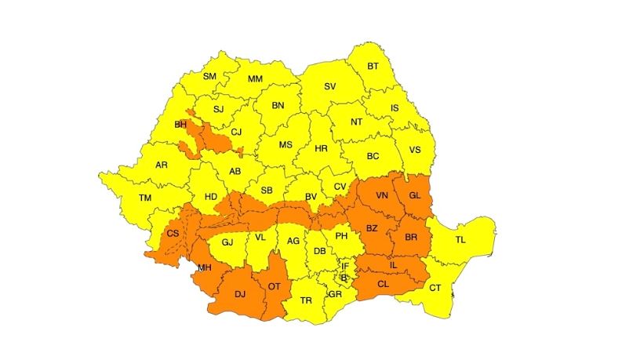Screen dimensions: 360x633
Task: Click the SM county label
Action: tap(209, 76)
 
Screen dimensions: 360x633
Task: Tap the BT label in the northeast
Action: tap(373, 66)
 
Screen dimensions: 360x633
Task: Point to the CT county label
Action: tap(435, 288)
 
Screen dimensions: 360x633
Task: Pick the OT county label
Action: tap(274, 286)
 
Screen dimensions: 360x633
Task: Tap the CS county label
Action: tap(173, 234)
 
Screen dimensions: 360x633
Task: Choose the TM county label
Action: tap(144, 198)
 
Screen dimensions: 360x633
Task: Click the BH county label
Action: tap(180, 124)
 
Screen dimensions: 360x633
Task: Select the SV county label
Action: tap(330, 86)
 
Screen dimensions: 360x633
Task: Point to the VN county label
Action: tap(382, 195)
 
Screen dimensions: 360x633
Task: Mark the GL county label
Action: tap(415, 195)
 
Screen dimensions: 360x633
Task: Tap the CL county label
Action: tap(383, 285)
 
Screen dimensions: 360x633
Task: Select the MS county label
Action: tap(286, 145)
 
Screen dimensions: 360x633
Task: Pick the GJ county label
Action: tap(227, 242)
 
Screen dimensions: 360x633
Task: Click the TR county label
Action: tap(306, 300)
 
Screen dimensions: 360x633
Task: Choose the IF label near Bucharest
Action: tap(344, 267)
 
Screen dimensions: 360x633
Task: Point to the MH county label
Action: tap(205, 268)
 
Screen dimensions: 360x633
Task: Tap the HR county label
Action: tap(320, 148)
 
